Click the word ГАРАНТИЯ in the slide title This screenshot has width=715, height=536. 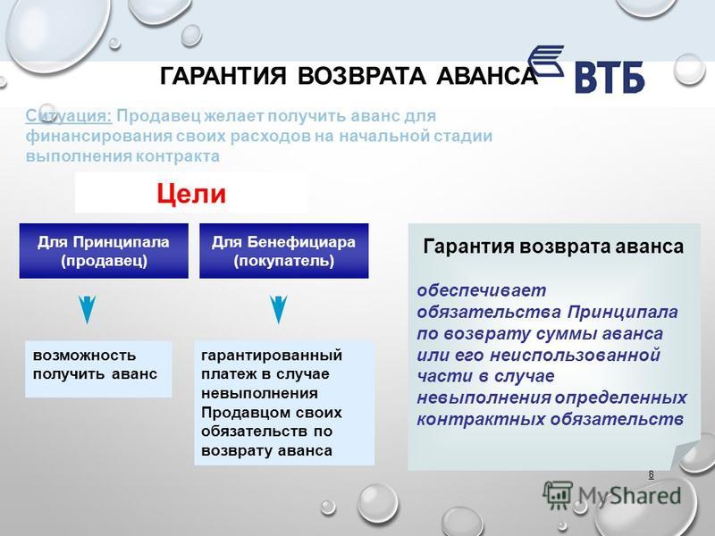coord(223,76)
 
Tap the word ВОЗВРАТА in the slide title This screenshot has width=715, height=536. coord(362,76)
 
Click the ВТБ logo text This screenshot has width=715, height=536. coord(610,78)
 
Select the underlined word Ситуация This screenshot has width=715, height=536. coord(69,116)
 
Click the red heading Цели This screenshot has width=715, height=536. coord(191,193)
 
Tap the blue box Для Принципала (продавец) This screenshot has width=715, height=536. coord(104,251)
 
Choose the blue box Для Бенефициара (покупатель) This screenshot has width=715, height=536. coord(283,251)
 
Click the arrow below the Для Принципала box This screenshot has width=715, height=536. coord(87,309)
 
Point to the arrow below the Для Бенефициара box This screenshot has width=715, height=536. coord(278,309)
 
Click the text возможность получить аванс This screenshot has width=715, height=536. coord(95,364)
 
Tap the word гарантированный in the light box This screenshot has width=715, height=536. coord(272,355)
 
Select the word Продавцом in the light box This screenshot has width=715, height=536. coord(239,413)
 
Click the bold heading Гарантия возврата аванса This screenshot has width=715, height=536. coord(553,247)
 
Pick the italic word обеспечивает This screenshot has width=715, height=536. coord(482,290)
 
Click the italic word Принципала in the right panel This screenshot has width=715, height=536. coord(623,312)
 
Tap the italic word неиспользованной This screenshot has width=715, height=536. coord(575,355)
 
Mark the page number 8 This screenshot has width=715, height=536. coord(652,474)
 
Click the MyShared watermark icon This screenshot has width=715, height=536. coord(558,494)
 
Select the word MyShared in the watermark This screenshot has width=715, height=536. coord(629,496)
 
